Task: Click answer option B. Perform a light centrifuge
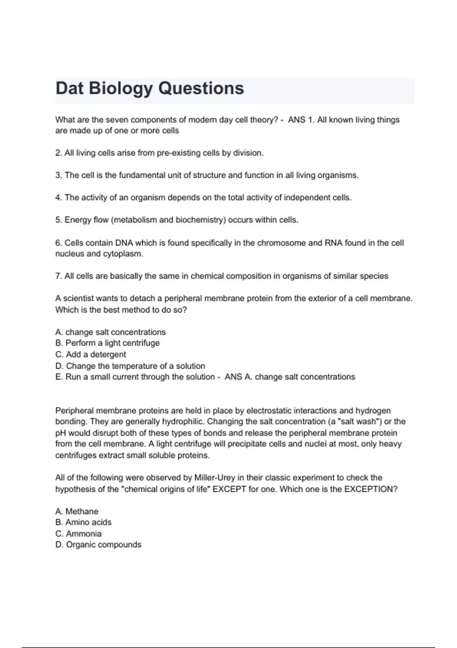click(107, 343)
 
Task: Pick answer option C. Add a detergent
click(91, 354)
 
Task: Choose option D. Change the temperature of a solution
click(130, 366)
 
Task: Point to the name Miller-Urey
click(215, 478)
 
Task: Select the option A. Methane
click(77, 511)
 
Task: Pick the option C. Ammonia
click(78, 534)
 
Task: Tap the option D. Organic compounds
click(98, 545)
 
